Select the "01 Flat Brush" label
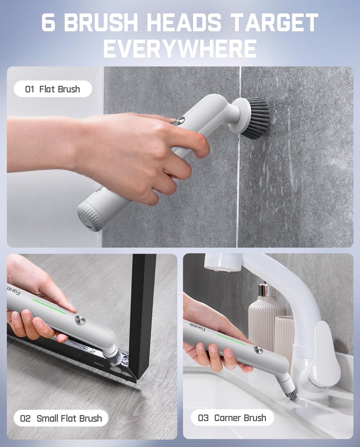click(52, 89)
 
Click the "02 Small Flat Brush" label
click(61, 418)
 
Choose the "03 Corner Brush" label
click(232, 418)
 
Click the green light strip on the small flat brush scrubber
click(49, 306)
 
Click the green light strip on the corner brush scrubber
click(231, 339)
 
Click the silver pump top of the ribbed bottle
click(262, 291)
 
